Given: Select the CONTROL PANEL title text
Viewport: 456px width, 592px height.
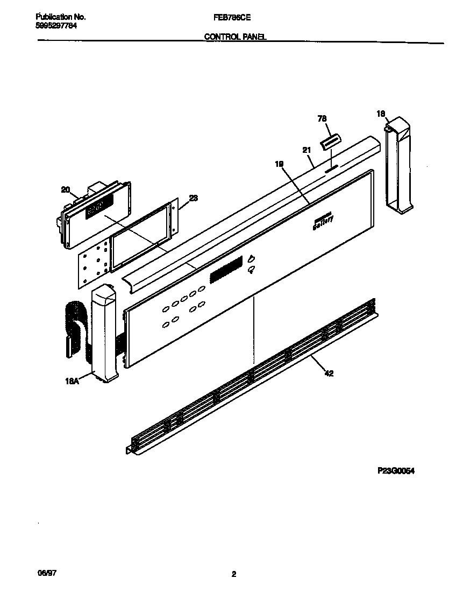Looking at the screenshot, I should click(235, 37).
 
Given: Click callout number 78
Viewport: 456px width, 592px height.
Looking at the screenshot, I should click(323, 119).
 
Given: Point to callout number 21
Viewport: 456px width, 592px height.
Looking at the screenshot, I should click(307, 151).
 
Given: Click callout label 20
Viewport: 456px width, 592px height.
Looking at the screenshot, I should click(65, 189).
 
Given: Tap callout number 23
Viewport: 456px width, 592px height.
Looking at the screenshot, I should click(194, 198).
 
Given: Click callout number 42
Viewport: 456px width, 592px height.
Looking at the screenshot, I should click(329, 373).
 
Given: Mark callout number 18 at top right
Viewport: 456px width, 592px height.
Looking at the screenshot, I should click(381, 114).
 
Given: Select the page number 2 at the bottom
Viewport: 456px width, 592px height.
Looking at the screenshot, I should click(233, 574).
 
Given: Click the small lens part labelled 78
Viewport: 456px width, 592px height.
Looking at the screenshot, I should click(330, 143).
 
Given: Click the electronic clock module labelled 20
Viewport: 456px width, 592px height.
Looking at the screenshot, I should click(94, 215).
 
